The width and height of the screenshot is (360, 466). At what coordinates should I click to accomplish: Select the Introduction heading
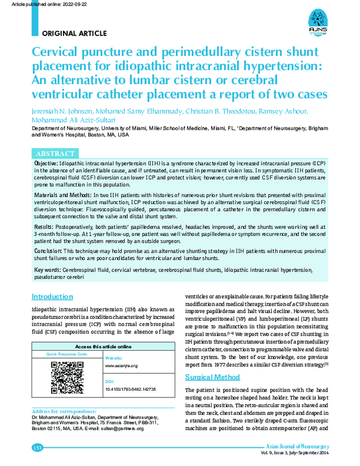point(52,297)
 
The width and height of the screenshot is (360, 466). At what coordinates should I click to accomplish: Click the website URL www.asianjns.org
point(122,365)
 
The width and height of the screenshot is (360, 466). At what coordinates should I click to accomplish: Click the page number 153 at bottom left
point(37,447)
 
